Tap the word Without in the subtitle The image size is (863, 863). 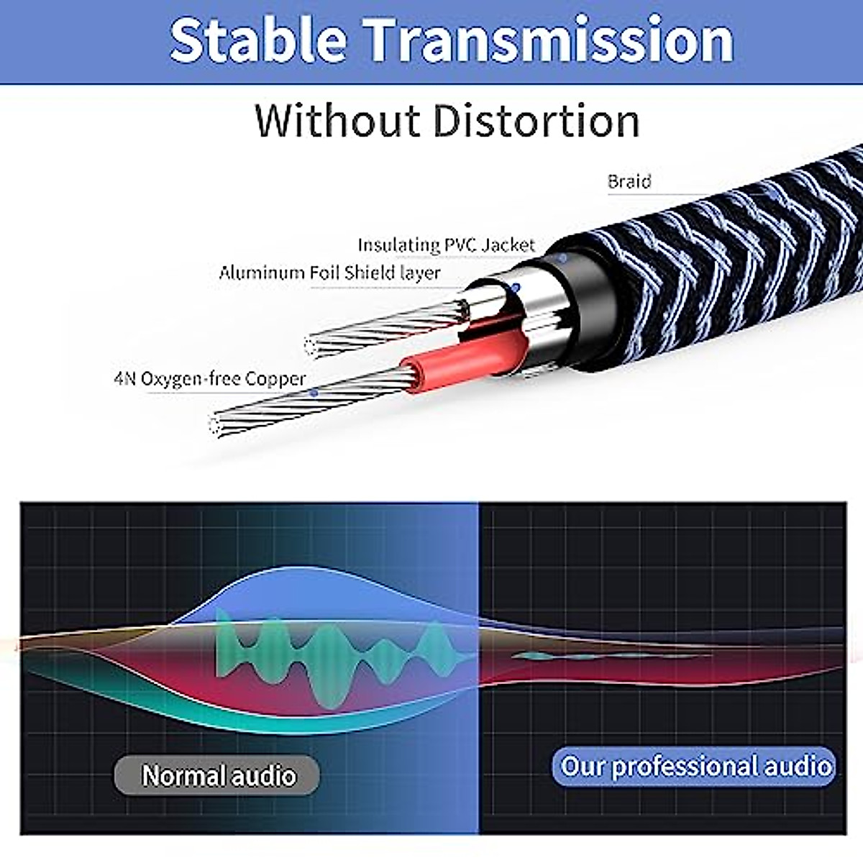click(337, 121)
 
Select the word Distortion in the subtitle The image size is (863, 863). click(536, 121)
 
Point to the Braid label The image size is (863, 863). click(629, 181)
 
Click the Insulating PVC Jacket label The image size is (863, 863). click(446, 245)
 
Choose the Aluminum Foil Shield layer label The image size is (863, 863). click(329, 273)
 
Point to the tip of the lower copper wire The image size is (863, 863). click(214, 426)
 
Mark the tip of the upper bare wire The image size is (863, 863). click(311, 347)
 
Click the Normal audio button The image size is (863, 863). click(217, 775)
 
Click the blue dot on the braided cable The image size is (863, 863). click(773, 193)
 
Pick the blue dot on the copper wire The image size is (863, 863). click(314, 393)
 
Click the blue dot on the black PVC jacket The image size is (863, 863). click(563, 257)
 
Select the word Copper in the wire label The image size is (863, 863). click(275, 379)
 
